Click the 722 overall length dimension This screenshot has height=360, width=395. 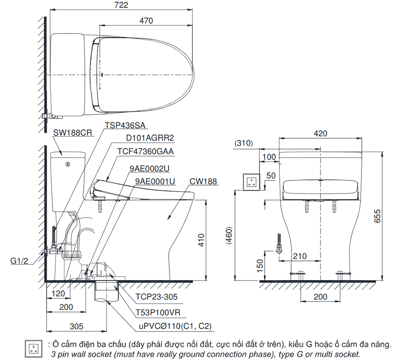click(121, 5)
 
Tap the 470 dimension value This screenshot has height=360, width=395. click(146, 21)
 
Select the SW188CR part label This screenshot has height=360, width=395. click(73, 133)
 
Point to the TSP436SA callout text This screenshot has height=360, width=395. click(125, 125)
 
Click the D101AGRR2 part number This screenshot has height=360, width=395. click(150, 138)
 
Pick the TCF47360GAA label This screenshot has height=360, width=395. click(146, 151)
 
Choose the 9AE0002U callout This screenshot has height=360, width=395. click(149, 169)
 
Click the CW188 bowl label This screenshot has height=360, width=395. click(203, 181)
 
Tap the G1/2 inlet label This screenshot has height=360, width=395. click(19, 261)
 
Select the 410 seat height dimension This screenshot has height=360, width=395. click(201, 240)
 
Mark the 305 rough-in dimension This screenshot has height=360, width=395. click(76, 326)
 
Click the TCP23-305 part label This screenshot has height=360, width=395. click(156, 296)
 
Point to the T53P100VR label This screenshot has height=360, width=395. click(158, 312)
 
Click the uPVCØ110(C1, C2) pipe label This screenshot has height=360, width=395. click(175, 326)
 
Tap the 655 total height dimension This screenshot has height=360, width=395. click(377, 216)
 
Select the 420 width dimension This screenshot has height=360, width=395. click(320, 133)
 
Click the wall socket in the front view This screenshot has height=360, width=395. click(251, 182)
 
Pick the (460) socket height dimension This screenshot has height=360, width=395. click(229, 236)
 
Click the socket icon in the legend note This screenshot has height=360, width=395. click(34, 349)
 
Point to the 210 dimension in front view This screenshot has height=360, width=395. click(300, 256)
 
